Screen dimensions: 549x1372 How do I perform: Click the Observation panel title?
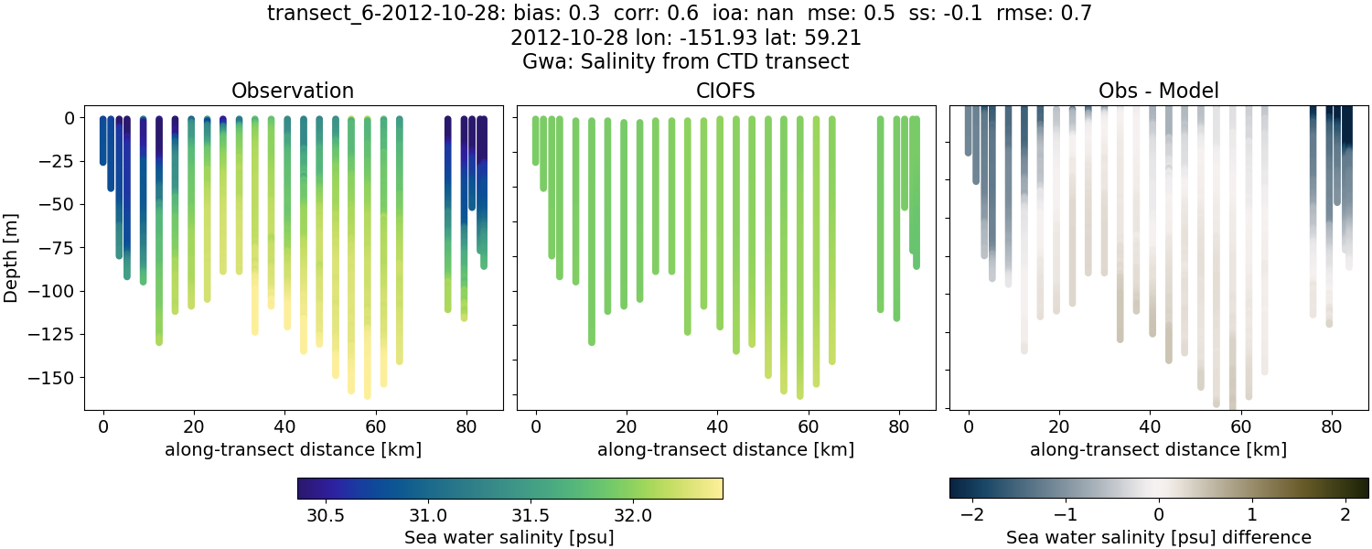point(293,91)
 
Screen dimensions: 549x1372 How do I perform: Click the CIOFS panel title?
point(725,91)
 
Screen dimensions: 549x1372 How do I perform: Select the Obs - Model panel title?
point(1158,91)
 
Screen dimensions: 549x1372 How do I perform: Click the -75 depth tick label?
point(57,247)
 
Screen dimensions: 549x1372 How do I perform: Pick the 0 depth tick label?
point(70,118)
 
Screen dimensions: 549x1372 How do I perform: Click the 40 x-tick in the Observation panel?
point(284,426)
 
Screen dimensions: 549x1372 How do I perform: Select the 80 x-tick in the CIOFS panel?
point(897,426)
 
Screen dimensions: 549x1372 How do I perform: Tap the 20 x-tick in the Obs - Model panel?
point(1058,426)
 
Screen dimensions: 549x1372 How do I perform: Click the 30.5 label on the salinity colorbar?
point(326,515)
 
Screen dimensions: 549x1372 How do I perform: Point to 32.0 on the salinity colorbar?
point(633,515)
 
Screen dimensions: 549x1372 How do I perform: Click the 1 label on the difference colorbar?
point(1252,515)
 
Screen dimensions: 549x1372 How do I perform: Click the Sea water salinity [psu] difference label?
point(1158,537)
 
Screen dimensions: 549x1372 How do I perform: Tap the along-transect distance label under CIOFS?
point(725,449)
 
